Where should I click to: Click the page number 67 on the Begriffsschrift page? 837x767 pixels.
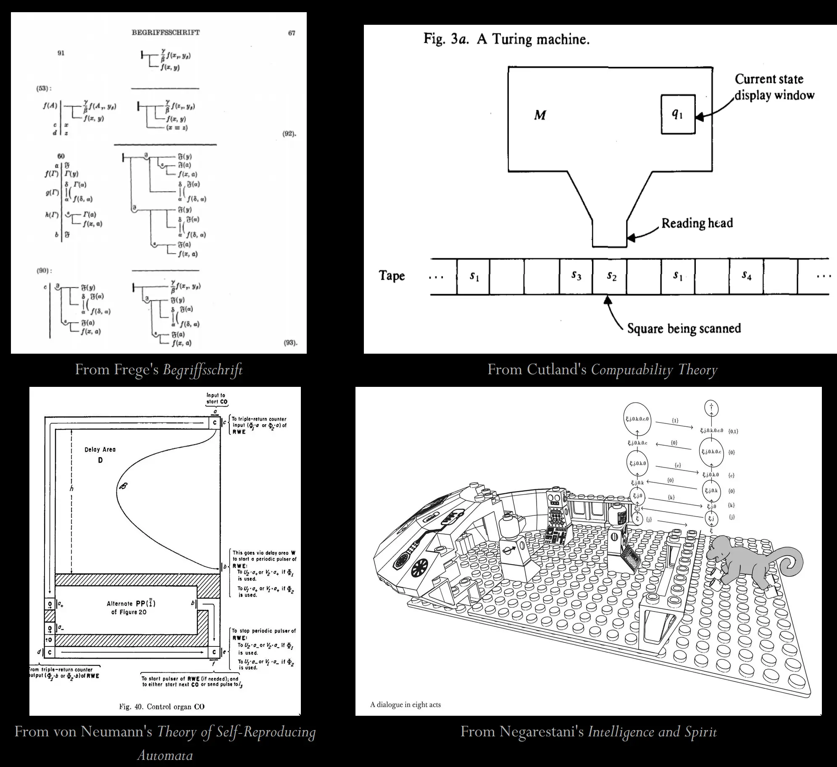[292, 33]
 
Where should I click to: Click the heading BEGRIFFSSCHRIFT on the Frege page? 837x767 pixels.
[166, 32]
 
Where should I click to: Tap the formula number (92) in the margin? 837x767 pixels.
[289, 134]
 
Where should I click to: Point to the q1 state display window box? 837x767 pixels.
[678, 114]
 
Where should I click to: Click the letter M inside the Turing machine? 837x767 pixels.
[540, 115]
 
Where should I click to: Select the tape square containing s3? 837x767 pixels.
[576, 276]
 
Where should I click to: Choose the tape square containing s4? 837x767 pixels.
[746, 276]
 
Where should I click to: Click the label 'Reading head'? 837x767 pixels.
[697, 223]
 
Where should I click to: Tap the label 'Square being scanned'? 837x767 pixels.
[684, 328]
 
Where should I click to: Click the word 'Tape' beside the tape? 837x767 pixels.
[392, 276]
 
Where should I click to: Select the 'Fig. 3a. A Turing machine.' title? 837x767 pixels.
[506, 39]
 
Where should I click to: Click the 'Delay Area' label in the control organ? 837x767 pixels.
[100, 449]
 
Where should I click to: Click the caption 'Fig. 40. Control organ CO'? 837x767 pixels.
[162, 707]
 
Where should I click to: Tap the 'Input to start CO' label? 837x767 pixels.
[216, 398]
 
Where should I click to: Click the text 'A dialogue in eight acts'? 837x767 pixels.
[405, 705]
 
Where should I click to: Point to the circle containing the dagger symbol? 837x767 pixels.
[711, 407]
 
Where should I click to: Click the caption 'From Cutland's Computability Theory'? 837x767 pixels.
[602, 370]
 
